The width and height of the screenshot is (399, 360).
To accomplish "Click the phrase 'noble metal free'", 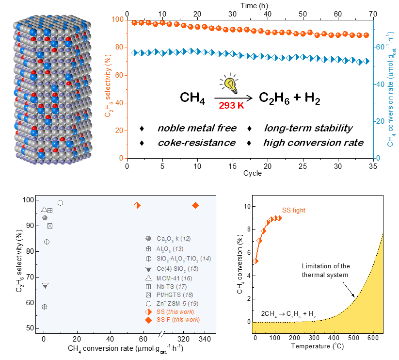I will [197, 129].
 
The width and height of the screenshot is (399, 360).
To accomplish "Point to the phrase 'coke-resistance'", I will [196, 143].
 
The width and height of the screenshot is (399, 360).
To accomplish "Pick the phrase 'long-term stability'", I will [308, 129].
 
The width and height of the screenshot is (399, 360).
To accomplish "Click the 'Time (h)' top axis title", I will [250, 4].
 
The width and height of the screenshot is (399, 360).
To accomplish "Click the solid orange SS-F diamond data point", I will [195, 205].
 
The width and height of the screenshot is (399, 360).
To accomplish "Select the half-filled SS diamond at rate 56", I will [137, 205].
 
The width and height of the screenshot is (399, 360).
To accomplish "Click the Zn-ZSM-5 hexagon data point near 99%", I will [60, 203].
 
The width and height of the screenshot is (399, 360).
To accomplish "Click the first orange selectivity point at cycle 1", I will [134, 22].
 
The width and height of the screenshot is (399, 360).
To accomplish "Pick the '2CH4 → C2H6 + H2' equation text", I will [288, 316].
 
